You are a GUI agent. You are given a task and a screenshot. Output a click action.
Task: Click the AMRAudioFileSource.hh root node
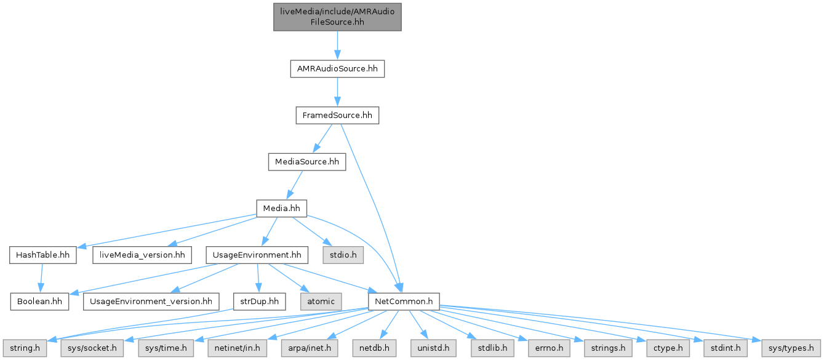coord(337,17)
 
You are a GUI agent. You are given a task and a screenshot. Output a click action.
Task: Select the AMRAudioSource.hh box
coord(337,69)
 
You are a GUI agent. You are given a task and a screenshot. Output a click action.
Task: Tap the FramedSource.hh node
coord(337,115)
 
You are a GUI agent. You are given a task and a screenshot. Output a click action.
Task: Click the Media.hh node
coord(281,208)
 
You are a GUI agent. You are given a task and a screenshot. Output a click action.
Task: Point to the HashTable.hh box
coord(42,254)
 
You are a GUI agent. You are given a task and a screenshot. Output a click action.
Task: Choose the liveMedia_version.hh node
coord(142,254)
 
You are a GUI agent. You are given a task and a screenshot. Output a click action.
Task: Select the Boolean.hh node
coord(39,301)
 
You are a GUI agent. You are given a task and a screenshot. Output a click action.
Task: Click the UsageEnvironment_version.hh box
coord(151,301)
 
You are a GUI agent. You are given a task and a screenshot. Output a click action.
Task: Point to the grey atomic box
coord(320,301)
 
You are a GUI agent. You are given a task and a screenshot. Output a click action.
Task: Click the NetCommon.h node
coord(403,301)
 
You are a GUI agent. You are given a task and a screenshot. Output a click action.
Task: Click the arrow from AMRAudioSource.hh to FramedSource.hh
coord(337,92)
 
